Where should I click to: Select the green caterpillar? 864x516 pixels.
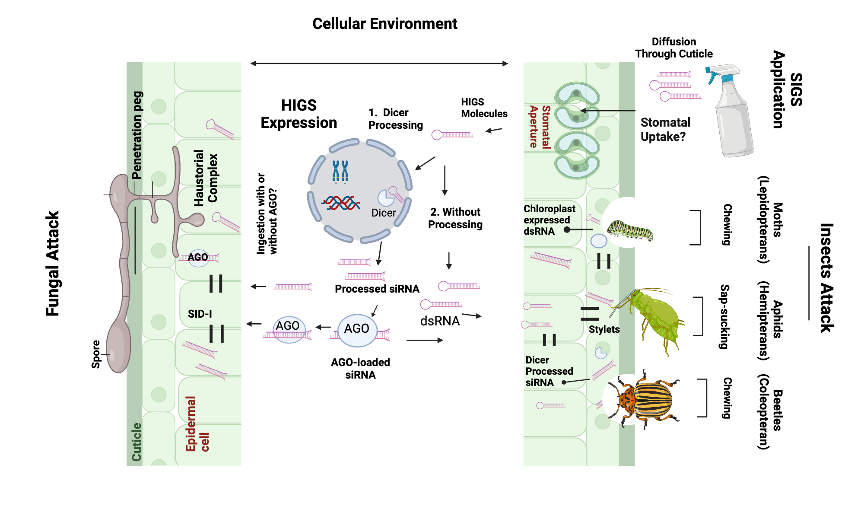coord(630,230)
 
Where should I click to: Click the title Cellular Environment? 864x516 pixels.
coord(384,24)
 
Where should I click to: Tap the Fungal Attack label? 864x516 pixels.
coord(53,264)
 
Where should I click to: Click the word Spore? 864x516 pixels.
coord(95,354)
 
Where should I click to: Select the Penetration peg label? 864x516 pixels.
coord(137,135)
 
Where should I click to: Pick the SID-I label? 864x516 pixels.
coord(200,314)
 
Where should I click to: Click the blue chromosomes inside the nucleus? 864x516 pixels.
coord(340,171)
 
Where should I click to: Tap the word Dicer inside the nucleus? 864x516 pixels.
coord(384,213)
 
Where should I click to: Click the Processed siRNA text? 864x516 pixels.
coord(377,289)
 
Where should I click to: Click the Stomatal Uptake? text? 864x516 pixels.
coord(665,130)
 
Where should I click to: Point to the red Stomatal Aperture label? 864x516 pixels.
coord(540,127)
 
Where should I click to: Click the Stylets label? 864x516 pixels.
coord(604,329)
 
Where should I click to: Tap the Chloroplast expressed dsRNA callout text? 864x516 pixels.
coord(549,220)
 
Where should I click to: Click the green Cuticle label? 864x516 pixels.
coord(137,442)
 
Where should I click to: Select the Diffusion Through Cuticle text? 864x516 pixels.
coord(673,48)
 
